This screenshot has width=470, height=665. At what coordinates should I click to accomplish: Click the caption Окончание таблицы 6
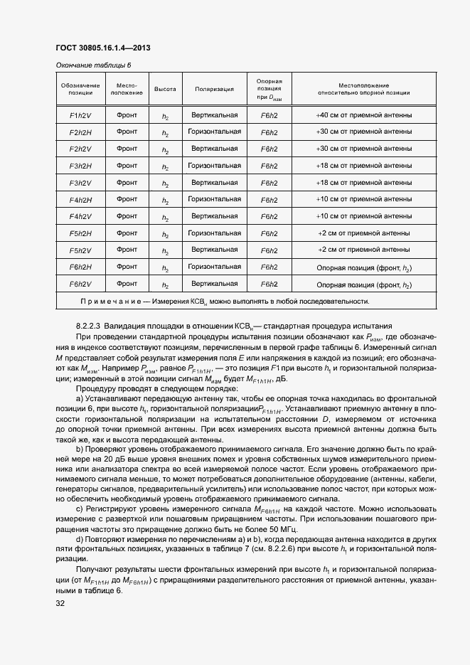coord(93,65)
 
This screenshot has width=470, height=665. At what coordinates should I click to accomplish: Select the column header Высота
coord(165,90)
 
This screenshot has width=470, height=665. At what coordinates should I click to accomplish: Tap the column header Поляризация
coord(214,90)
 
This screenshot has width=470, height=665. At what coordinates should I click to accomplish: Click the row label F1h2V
coord(80,115)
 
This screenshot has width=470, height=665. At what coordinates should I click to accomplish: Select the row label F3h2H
coord(80,166)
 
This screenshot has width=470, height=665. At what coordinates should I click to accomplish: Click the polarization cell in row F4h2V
coord(214,216)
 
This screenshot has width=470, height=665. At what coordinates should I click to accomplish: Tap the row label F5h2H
coord(80,233)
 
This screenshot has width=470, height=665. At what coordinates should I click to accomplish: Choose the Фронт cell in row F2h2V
coord(127,149)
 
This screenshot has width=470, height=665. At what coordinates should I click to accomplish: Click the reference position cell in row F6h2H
coord(269,267)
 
